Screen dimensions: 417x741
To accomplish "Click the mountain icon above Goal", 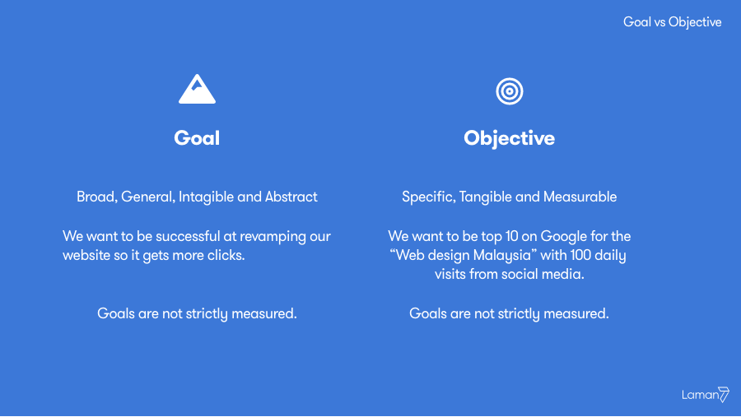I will pos(197,90).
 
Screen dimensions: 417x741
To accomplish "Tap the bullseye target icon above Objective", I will pos(509,90).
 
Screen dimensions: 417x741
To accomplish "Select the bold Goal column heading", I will pos(197,138).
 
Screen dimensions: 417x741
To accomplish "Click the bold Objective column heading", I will pos(509,138).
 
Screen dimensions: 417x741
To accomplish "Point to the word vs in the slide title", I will pos(659,22).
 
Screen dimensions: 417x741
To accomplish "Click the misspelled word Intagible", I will pos(206,197).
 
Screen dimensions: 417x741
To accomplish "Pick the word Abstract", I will pos(291,197).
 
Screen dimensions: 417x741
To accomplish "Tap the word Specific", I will pos(427,197).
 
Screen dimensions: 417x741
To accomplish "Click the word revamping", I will pos(274,237).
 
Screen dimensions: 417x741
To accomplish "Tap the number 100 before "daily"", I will pos(566,256).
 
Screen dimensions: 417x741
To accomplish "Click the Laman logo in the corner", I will pos(706,395).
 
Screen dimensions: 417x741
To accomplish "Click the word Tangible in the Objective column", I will pos(486,197).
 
